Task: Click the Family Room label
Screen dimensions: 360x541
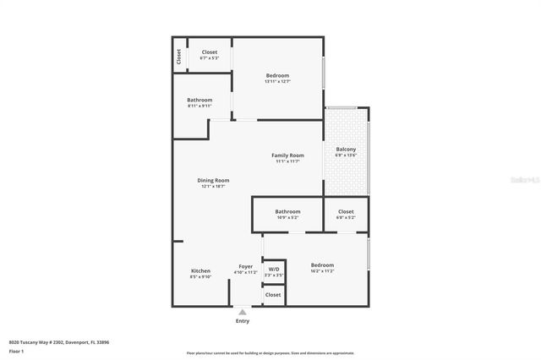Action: tap(287, 155)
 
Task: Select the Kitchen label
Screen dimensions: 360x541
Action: tap(200, 270)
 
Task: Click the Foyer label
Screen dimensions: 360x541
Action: tap(245, 266)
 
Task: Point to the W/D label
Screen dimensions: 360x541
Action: tap(274, 269)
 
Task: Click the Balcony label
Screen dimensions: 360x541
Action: tap(346, 150)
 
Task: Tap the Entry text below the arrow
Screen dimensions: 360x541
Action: tap(243, 321)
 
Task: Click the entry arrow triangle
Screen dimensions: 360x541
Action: tap(243, 311)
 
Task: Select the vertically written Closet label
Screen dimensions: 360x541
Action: tap(179, 57)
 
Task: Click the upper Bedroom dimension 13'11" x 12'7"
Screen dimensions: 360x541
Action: tap(277, 82)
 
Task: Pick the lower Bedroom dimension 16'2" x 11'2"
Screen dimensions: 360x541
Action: tap(322, 271)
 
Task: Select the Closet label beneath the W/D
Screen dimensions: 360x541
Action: tap(273, 295)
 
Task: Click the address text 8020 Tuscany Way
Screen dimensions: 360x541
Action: tap(59, 342)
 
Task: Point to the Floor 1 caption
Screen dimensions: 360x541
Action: tap(16, 351)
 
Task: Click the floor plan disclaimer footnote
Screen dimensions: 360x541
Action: tap(270, 353)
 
